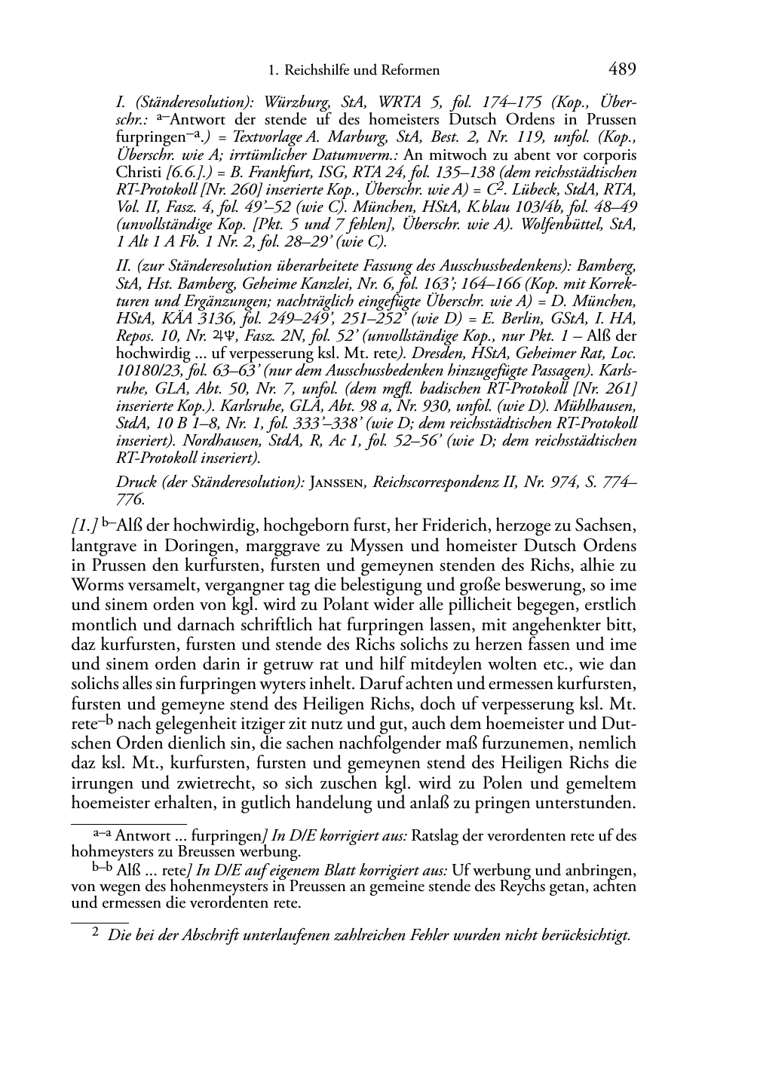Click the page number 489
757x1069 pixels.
coord(621,70)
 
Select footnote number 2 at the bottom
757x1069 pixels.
coord(95,933)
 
